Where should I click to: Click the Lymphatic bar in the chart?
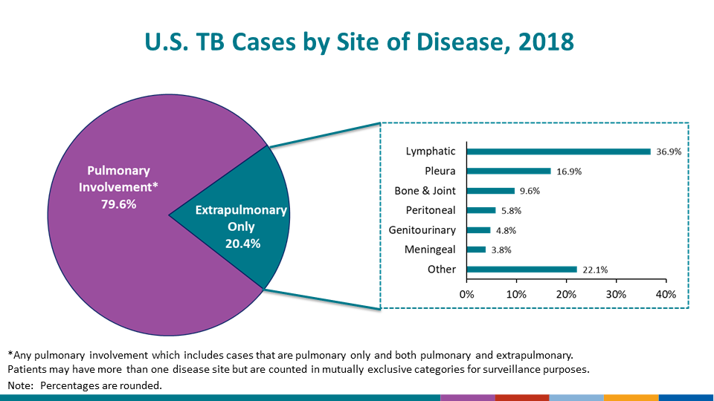pyautogui.click(x=558, y=151)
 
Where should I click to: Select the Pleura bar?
pyautogui.click(x=509, y=171)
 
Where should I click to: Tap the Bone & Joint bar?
pyautogui.click(x=490, y=191)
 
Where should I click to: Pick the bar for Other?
pyautogui.click(x=521, y=270)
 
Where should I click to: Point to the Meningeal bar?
pyautogui.click(x=476, y=250)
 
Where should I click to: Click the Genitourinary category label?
pyautogui.click(x=422, y=230)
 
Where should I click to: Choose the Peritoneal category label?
pyautogui.click(x=431, y=210)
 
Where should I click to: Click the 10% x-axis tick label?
pyautogui.click(x=516, y=294)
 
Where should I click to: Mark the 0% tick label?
pyautogui.click(x=466, y=294)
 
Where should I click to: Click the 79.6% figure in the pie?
pyautogui.click(x=118, y=203)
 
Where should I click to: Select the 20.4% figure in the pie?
pyautogui.click(x=242, y=243)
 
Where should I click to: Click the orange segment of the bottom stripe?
pyautogui.click(x=631, y=397)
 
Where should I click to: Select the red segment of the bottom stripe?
pyautogui.click(x=521, y=397)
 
